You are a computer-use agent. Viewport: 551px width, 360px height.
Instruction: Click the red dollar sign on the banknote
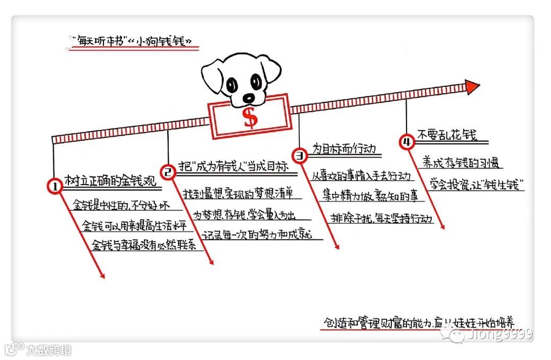[x=250, y=118]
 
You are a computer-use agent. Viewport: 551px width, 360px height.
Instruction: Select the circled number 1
[x=54, y=187]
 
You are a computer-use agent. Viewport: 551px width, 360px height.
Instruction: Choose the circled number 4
[x=406, y=143]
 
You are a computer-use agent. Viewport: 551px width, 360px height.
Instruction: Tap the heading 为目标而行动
[x=343, y=149]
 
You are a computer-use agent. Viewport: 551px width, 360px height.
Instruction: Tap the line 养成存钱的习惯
[x=460, y=164]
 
